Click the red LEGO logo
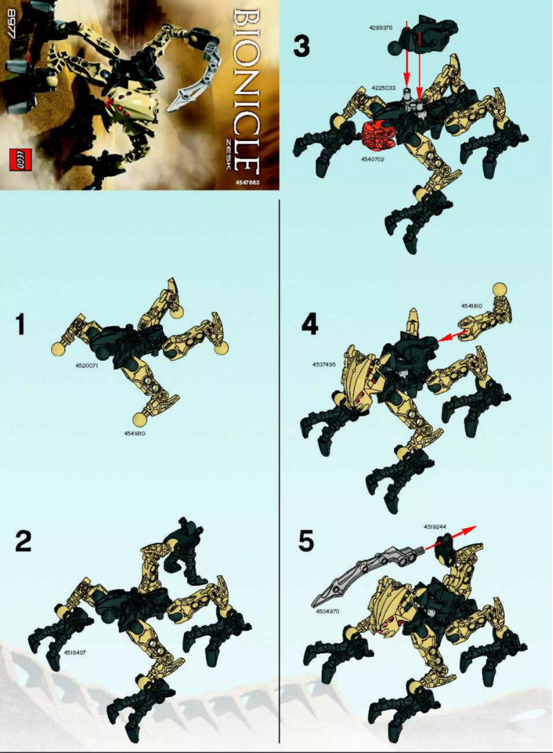pos(19,158)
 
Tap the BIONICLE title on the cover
pos(246,90)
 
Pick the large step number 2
pos(24,542)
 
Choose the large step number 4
pos(309,324)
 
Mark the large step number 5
pos(308,542)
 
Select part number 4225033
pos(383,88)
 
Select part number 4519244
pos(436,527)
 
